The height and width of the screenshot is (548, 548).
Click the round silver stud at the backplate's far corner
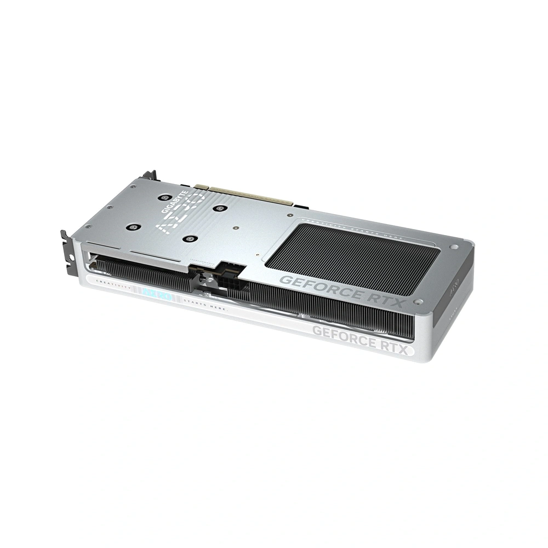click(x=454, y=247)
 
